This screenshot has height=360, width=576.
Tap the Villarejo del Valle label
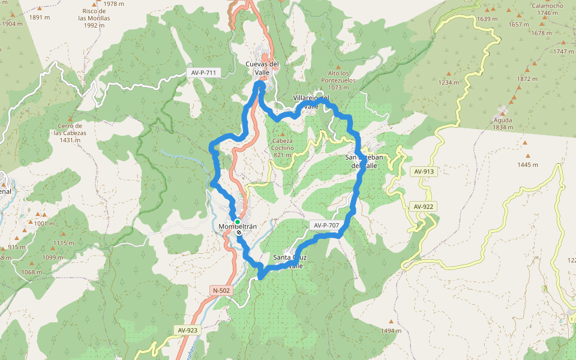click(311, 101)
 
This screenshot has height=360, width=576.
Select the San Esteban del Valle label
click(364, 161)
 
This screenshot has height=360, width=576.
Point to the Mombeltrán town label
click(238, 226)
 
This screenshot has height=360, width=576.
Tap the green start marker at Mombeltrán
click(238, 221)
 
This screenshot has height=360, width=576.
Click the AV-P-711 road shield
click(204, 73)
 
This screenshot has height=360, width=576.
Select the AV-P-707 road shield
click(326, 226)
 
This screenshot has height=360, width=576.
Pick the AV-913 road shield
click(424, 172)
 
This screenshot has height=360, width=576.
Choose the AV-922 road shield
click(424, 206)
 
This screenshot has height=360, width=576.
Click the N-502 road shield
click(221, 290)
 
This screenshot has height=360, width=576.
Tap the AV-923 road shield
click(188, 330)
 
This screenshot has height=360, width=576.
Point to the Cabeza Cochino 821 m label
click(282, 148)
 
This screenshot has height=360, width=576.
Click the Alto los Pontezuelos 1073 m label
click(338, 80)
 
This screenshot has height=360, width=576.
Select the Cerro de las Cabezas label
click(70, 133)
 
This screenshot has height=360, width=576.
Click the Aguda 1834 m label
click(503, 123)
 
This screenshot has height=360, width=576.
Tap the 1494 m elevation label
click(391, 331)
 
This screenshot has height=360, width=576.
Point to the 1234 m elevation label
click(448, 82)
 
